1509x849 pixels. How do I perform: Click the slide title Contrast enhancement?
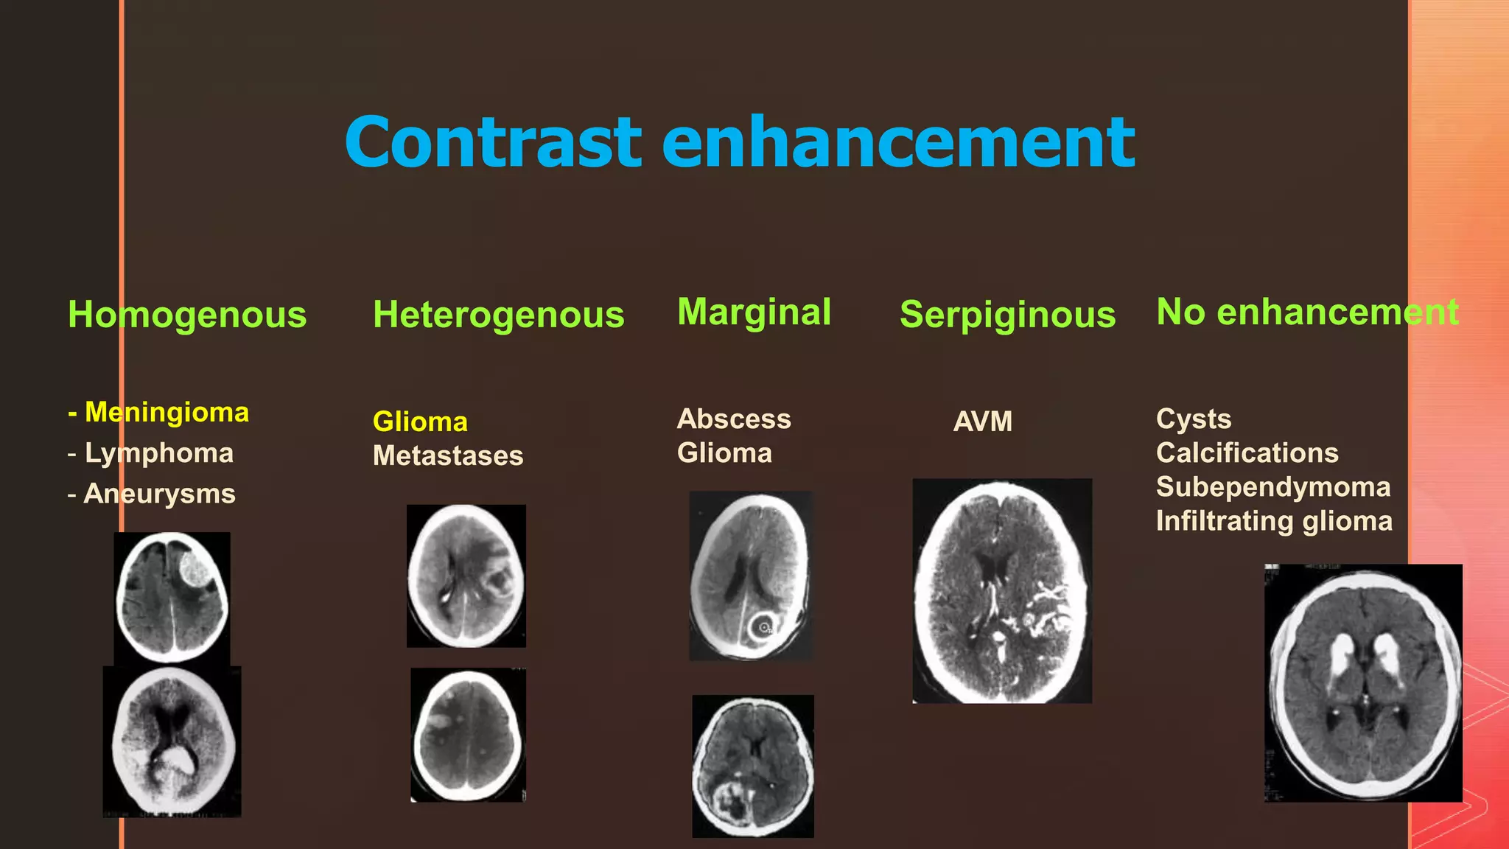pyautogui.click(x=740, y=141)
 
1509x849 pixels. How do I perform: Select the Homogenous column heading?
pyautogui.click(x=187, y=315)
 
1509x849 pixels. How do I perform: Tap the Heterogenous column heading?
pyautogui.click(x=498, y=315)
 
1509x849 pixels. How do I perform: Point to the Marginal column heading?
pyautogui.click(x=754, y=312)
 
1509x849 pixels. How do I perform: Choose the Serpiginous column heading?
pyautogui.click(x=1007, y=315)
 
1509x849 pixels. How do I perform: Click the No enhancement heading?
pyautogui.click(x=1307, y=312)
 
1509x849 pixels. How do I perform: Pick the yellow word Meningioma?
pyautogui.click(x=167, y=412)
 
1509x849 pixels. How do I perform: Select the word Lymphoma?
pyautogui.click(x=159, y=453)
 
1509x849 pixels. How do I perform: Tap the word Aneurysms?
pyautogui.click(x=160, y=493)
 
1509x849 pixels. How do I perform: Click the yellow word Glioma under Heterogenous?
pyautogui.click(x=420, y=422)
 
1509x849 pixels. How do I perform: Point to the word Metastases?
pyautogui.click(x=448, y=455)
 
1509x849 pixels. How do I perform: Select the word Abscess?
pyautogui.click(x=734, y=419)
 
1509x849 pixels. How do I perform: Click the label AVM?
pyautogui.click(x=982, y=422)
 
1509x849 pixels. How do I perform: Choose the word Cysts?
pyautogui.click(x=1194, y=419)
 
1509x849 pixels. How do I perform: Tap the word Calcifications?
pyautogui.click(x=1247, y=453)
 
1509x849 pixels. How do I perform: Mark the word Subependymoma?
pyautogui.click(x=1273, y=486)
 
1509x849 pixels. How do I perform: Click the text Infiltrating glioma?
pyautogui.click(x=1274, y=520)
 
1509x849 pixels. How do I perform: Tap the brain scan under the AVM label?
pyautogui.click(x=1002, y=591)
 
